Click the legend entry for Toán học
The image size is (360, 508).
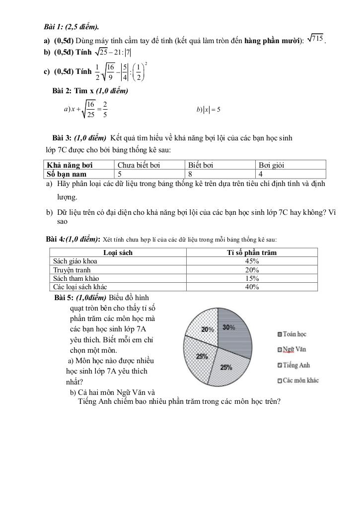pos(294,334)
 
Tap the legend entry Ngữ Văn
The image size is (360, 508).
pos(294,349)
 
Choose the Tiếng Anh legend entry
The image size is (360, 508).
pos(296,365)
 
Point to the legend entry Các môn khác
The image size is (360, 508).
pos(300,381)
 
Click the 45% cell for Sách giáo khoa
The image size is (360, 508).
pos(252,261)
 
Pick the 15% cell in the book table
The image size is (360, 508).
pos(252,278)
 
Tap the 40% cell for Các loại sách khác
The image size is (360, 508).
pos(252,287)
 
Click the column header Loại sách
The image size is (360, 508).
pos(118,253)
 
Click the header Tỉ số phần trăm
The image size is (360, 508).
pos(252,253)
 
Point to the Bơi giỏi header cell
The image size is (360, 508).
pos(275,165)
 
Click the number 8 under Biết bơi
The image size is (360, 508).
pos(190,174)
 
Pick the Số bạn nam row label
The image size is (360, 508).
pos(67,174)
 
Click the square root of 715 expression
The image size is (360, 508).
pos(316,39)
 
